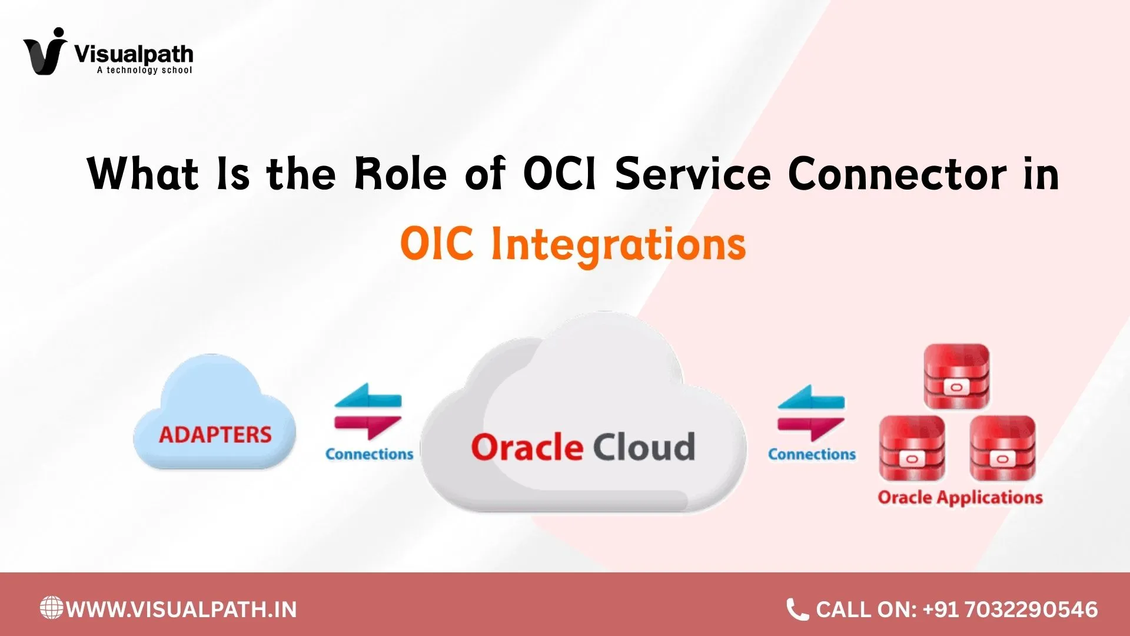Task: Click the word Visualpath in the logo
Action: coord(134,54)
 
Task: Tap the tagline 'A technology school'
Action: coord(144,70)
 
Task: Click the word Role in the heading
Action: coord(400,174)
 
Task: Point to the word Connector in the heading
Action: coord(897,174)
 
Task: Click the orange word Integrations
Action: coord(618,244)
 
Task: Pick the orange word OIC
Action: coord(436,243)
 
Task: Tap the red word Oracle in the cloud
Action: coord(527,448)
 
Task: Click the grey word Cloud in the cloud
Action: coord(644,448)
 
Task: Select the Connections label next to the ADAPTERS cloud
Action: coord(369,454)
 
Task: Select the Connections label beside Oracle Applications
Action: coord(812,454)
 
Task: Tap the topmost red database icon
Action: coord(956,377)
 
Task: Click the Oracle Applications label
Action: coord(960,498)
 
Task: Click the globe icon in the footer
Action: coord(51,608)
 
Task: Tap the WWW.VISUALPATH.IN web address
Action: coord(181,609)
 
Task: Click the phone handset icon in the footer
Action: coord(797,609)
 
